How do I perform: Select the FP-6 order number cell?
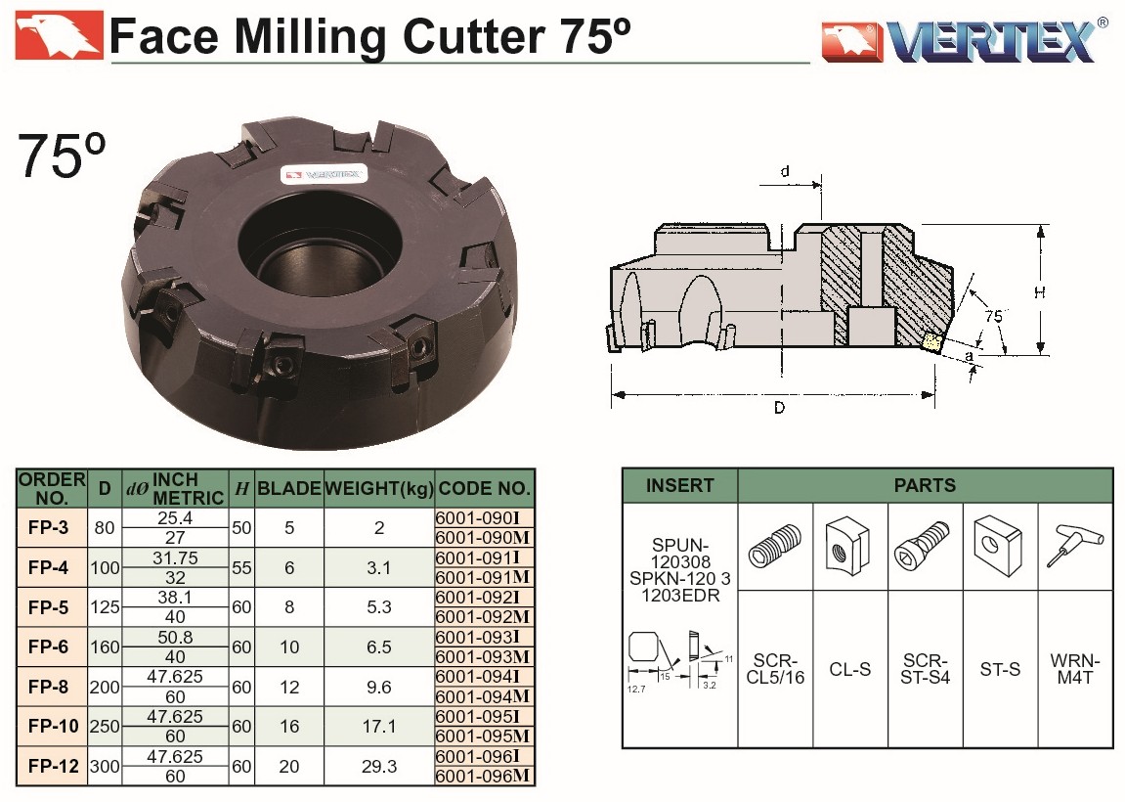click(x=49, y=646)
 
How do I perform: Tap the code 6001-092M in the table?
click(x=482, y=617)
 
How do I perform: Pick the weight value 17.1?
click(x=379, y=727)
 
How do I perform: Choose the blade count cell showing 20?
click(x=289, y=767)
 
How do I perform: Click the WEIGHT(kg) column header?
click(x=379, y=489)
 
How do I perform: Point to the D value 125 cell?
click(x=105, y=607)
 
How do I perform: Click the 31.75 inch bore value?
click(x=175, y=557)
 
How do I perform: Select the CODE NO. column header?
click(x=484, y=489)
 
